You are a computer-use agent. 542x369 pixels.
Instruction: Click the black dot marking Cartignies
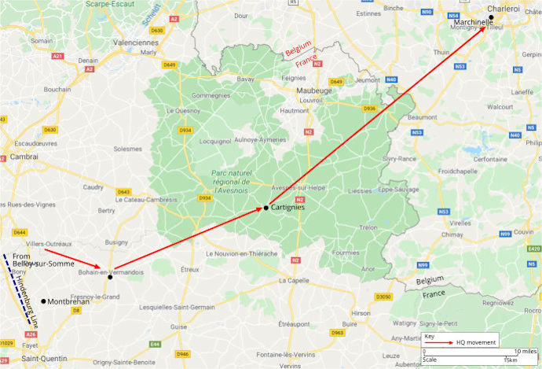tap(266, 207)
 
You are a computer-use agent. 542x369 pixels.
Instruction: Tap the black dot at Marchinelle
tap(491, 17)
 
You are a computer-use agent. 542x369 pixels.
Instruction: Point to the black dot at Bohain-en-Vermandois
tap(110, 277)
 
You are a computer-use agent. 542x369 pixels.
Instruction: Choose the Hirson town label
tap(361, 313)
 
